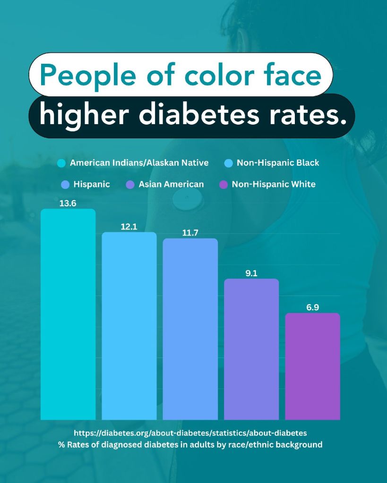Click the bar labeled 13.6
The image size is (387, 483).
click(x=68, y=314)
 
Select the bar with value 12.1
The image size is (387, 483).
click(x=129, y=326)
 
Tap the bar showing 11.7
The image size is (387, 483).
click(x=190, y=329)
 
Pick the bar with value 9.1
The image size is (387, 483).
click(x=251, y=349)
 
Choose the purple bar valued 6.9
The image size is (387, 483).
click(x=312, y=366)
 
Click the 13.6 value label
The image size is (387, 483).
click(x=68, y=204)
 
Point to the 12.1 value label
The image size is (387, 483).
click(x=129, y=227)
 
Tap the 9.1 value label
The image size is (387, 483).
click(x=251, y=273)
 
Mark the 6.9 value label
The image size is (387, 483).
click(x=312, y=307)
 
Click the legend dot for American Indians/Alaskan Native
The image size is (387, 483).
click(x=61, y=163)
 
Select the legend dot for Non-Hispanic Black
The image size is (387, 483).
click(x=229, y=163)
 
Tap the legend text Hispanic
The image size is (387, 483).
click(x=92, y=184)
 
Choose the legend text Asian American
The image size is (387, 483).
click(x=171, y=184)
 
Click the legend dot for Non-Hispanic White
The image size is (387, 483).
click(x=224, y=185)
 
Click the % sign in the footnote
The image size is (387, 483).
click(x=61, y=445)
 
